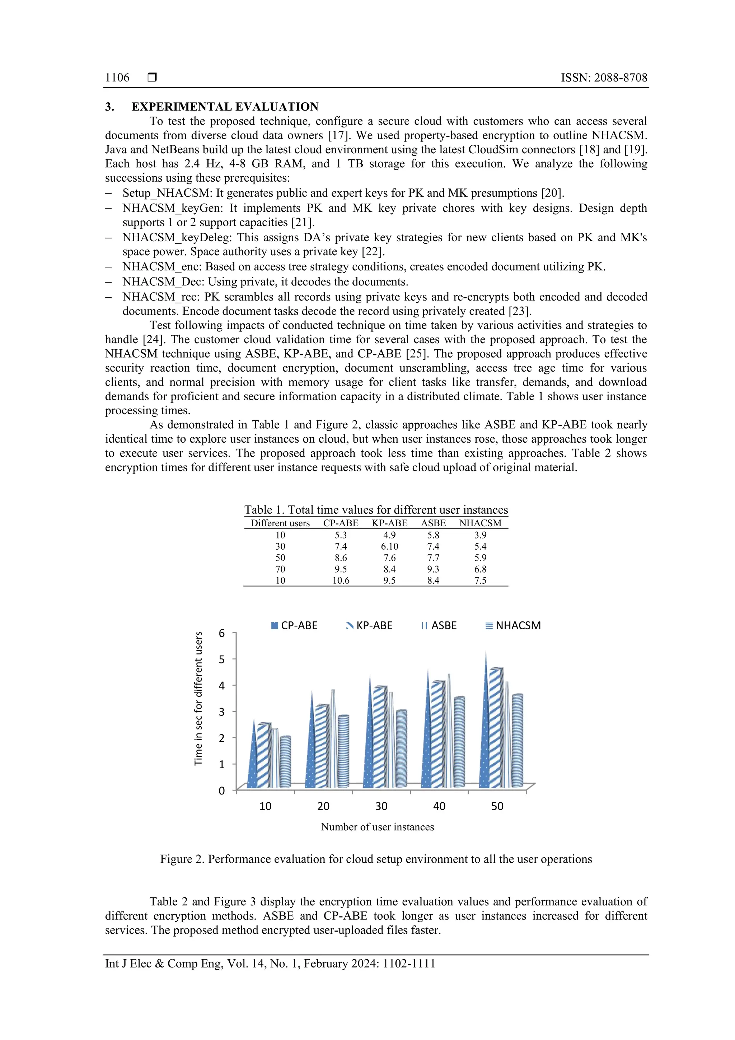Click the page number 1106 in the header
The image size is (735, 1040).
click(117, 78)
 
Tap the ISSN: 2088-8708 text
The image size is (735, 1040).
click(604, 78)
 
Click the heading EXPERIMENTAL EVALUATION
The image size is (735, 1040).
click(225, 107)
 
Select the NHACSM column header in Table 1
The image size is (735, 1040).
click(480, 523)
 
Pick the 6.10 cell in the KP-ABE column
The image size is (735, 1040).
click(389, 546)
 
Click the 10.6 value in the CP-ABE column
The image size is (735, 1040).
click(341, 580)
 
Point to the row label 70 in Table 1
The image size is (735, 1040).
click(280, 569)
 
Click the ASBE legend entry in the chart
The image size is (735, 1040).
click(439, 625)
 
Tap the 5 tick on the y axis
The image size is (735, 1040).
click(221, 659)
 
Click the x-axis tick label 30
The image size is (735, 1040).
click(381, 806)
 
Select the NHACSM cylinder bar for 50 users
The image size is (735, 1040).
click(517, 743)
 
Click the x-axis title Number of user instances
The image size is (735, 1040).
click(377, 827)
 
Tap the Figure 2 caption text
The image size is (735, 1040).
click(376, 859)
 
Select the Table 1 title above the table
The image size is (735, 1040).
click(376, 510)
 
